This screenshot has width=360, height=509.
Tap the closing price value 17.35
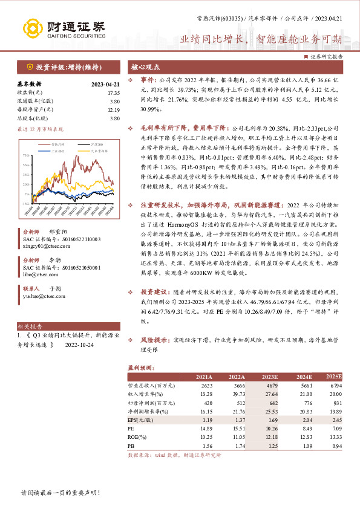113,93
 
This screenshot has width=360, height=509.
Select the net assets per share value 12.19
113,109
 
